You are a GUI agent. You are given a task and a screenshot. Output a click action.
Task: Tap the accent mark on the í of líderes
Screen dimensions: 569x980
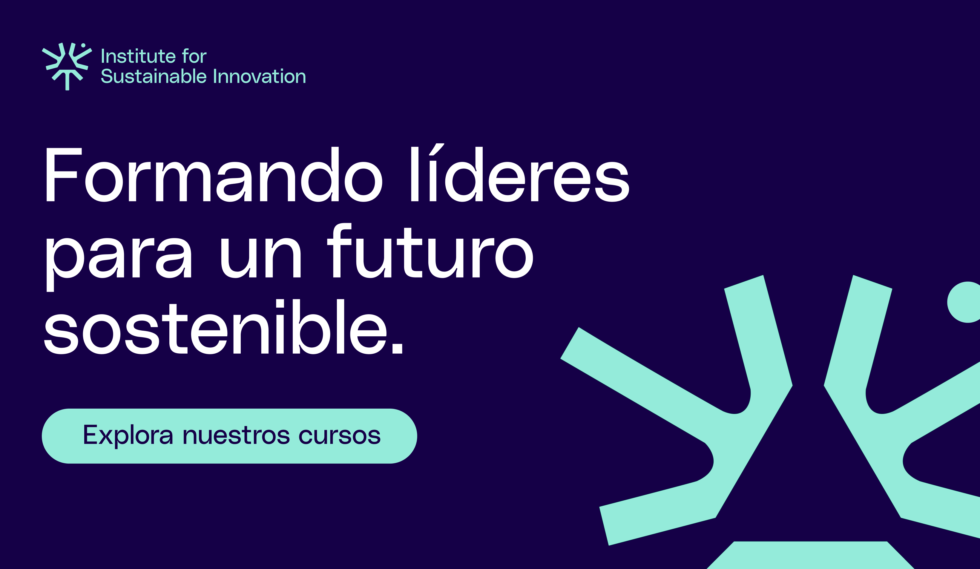(437, 149)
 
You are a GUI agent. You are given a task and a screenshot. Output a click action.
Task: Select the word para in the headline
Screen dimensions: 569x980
(119, 259)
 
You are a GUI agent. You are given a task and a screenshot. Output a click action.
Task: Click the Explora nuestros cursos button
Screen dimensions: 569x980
(229, 436)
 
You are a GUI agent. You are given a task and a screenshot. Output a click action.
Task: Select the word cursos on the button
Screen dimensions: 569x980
(340, 436)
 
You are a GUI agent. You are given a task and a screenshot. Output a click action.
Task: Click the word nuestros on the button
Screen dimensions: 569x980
(236, 436)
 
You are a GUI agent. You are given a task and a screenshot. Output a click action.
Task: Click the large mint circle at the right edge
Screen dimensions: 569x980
(966, 302)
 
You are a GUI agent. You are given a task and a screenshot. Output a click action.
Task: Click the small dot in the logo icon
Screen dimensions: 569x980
(83, 45)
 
